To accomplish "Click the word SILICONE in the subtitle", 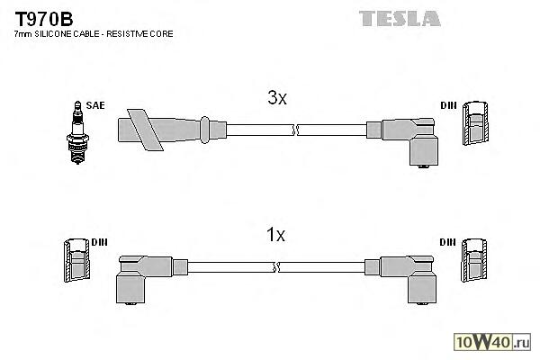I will coord(60,33).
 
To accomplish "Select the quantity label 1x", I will coord(275,236).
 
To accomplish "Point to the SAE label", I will coord(95,105).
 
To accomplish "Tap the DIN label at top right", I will coord(448,105).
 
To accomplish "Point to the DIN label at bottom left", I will coord(99,243).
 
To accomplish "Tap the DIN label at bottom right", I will coord(448,243).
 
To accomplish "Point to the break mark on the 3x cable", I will coord(294,130).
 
